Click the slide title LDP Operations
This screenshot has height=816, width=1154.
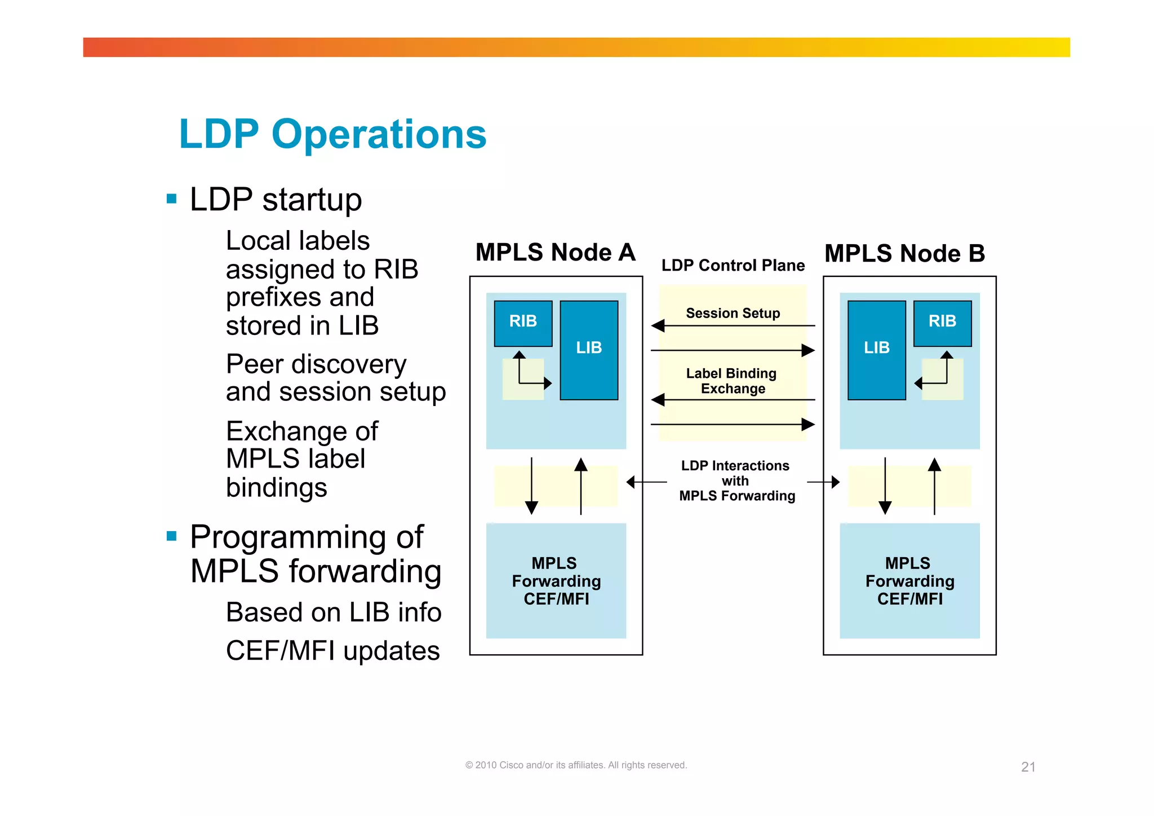click(x=332, y=134)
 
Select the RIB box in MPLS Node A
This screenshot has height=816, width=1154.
click(x=523, y=323)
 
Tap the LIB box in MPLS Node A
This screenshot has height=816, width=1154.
click(x=589, y=350)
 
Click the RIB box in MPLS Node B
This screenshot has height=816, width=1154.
click(x=942, y=323)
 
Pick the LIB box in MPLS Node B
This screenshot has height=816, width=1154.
click(x=876, y=350)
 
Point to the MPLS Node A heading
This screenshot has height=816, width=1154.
click(x=555, y=252)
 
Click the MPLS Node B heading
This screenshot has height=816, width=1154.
click(x=904, y=253)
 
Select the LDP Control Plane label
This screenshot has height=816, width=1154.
click(x=733, y=265)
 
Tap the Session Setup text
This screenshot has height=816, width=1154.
click(x=733, y=313)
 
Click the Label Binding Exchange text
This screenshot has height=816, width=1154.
click(x=732, y=381)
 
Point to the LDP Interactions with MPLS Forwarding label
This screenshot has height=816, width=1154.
click(x=736, y=480)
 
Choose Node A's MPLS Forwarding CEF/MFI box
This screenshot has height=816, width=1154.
click(x=556, y=581)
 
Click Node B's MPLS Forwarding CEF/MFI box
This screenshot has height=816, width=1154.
click(x=909, y=581)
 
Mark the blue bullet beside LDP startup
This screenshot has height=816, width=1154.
click(x=172, y=199)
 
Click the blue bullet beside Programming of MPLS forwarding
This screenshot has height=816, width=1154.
click(x=172, y=536)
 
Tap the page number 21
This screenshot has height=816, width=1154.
click(x=1028, y=767)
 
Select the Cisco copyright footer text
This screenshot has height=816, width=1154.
click(x=576, y=765)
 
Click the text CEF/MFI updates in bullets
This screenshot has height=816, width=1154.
click(x=332, y=650)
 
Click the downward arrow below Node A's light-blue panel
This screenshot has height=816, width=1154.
click(x=531, y=486)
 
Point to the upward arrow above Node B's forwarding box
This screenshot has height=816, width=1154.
click(x=934, y=486)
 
